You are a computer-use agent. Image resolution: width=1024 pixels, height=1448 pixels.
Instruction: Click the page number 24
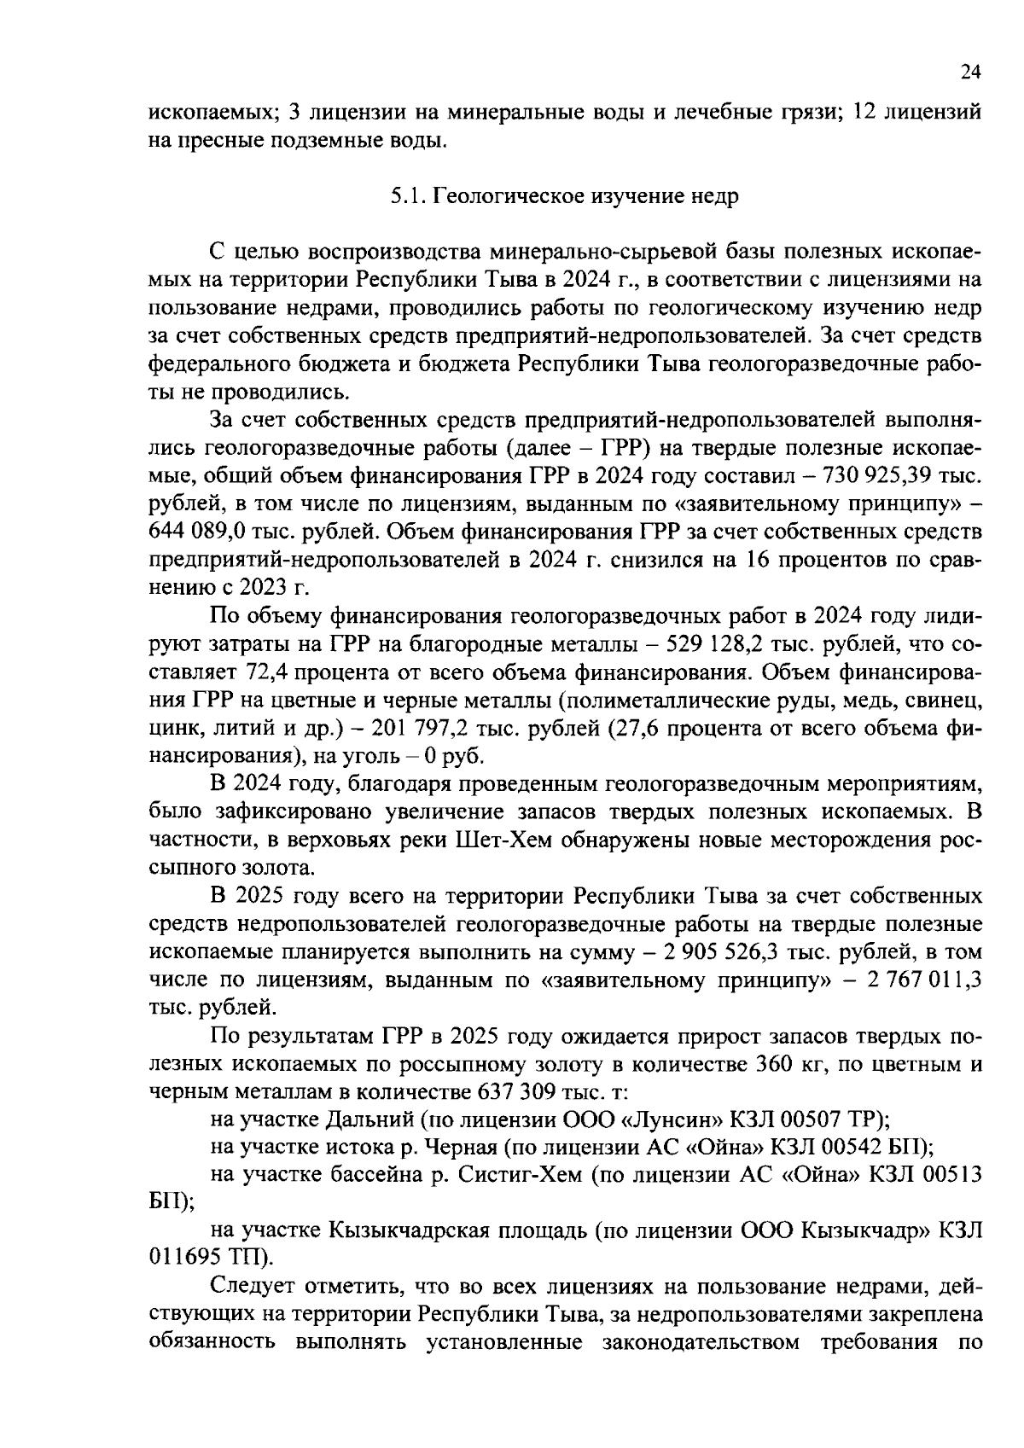[x=970, y=73]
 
